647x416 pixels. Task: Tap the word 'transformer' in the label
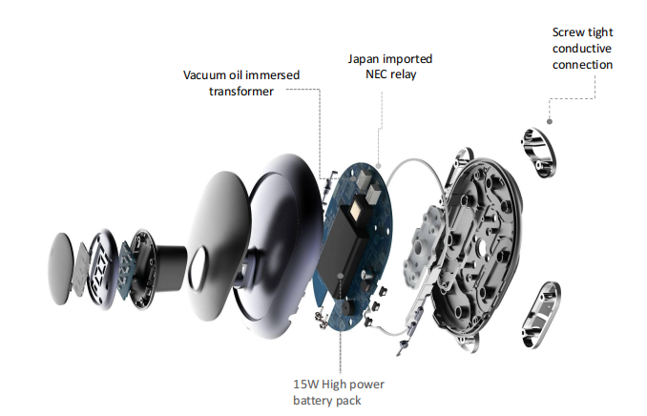coord(241,92)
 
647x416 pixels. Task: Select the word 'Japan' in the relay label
coord(364,59)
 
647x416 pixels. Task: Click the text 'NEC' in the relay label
coord(376,74)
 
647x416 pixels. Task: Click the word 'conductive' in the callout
coord(582,49)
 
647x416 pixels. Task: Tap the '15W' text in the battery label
coord(305,385)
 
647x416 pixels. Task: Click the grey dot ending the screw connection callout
coord(550,121)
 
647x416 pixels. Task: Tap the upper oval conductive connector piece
coord(538,153)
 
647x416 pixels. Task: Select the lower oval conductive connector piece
coord(541,315)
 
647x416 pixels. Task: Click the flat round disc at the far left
coord(61,268)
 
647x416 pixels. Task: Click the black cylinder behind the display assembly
coord(169,267)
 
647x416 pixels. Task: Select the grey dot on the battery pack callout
coord(341,276)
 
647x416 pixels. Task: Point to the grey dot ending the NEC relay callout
coord(379,166)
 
